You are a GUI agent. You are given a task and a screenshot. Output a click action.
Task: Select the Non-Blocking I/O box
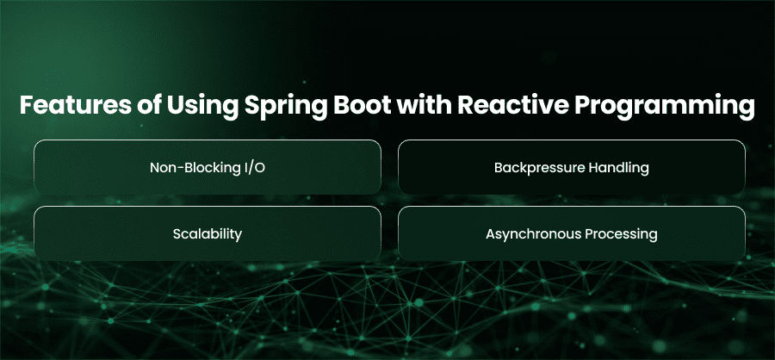click(208, 167)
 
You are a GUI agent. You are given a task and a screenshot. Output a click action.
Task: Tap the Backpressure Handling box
click(572, 167)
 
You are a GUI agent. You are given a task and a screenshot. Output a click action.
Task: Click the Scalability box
click(208, 233)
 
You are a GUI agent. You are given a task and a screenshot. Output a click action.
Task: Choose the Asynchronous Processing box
click(572, 233)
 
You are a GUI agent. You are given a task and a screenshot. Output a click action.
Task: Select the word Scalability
click(208, 234)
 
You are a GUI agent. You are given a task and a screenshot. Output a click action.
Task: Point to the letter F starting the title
click(27, 106)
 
